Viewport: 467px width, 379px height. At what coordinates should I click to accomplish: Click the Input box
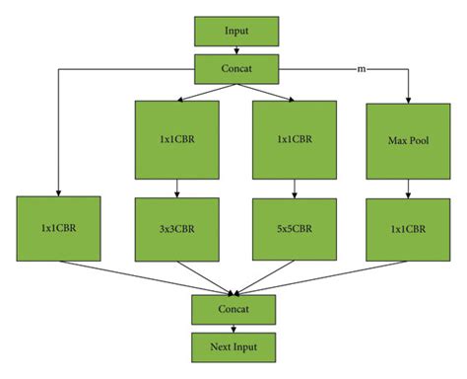tap(236, 31)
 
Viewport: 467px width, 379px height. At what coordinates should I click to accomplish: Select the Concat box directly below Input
tap(236, 68)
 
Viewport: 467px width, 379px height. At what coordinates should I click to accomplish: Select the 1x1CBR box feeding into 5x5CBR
tap(295, 138)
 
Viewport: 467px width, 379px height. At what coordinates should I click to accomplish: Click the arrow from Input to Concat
tap(236, 49)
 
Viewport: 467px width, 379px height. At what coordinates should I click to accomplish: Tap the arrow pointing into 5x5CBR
tap(295, 187)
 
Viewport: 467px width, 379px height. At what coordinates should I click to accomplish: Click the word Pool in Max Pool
tap(414, 138)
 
